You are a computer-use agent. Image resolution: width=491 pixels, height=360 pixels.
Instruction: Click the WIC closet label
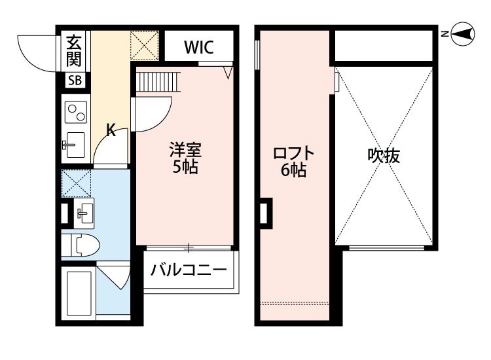click(198, 47)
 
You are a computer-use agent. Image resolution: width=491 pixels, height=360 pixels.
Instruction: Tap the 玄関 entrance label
click(73, 50)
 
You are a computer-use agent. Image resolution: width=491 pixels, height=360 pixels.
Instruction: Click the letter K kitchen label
click(111, 130)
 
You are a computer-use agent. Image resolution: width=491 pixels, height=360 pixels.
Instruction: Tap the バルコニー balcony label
click(189, 270)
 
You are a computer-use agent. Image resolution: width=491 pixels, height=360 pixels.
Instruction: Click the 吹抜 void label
click(384, 156)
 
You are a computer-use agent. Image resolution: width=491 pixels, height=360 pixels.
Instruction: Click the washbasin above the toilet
click(83, 211)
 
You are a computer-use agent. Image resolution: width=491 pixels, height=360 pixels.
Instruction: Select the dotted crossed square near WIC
click(144, 46)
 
